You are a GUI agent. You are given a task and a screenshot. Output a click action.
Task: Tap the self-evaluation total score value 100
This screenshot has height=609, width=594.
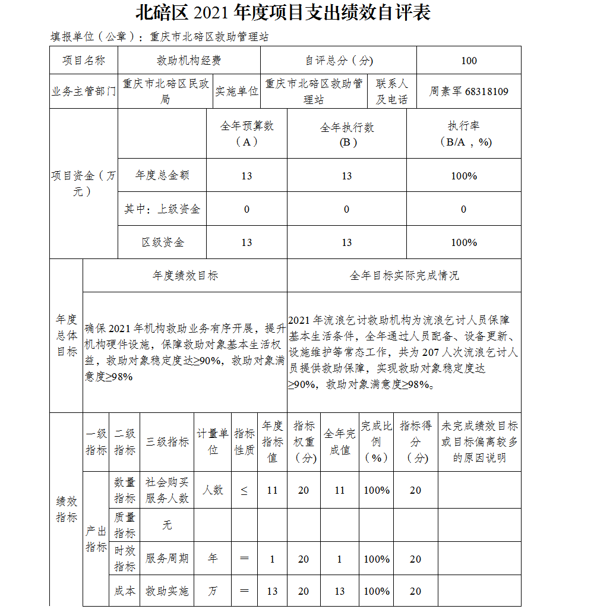[469, 61]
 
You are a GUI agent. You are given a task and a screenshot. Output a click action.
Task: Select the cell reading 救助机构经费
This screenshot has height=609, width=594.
[189, 61]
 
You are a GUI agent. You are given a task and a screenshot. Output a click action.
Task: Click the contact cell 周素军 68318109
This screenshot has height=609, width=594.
[469, 91]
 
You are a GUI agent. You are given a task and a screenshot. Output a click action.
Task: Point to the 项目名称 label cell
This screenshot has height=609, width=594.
[84, 61]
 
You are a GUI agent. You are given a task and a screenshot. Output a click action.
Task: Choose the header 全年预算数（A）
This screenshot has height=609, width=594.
[247, 134]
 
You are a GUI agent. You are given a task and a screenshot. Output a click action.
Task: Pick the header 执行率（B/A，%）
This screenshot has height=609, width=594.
[463, 134]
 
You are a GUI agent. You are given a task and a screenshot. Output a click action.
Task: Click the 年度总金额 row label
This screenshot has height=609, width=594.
[162, 175]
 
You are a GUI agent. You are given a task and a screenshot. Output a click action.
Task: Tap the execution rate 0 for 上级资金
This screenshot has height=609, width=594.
[463, 209]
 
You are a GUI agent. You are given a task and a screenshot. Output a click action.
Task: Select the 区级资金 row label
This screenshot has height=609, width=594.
[162, 242]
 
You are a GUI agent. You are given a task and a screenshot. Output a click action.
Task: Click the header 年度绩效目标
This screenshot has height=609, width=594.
[185, 276]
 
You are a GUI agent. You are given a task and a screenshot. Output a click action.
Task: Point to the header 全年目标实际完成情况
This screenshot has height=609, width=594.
[404, 276]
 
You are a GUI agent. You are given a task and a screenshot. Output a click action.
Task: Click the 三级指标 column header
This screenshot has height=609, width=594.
[168, 442]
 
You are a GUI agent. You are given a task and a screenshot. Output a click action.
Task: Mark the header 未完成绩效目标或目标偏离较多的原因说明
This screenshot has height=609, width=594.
[479, 442]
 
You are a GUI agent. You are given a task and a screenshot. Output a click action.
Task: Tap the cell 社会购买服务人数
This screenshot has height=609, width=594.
[168, 490]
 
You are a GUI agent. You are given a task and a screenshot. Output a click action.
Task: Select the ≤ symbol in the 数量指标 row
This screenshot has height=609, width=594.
[244, 490]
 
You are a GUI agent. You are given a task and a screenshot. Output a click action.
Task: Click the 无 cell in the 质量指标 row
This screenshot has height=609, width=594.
[168, 525]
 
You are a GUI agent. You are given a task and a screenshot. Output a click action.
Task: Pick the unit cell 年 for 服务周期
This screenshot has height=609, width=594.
[213, 559]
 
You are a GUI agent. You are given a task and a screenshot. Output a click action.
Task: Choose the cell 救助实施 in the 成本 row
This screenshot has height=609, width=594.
[168, 591]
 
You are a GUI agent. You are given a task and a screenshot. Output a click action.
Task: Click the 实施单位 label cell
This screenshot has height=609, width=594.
[236, 91]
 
